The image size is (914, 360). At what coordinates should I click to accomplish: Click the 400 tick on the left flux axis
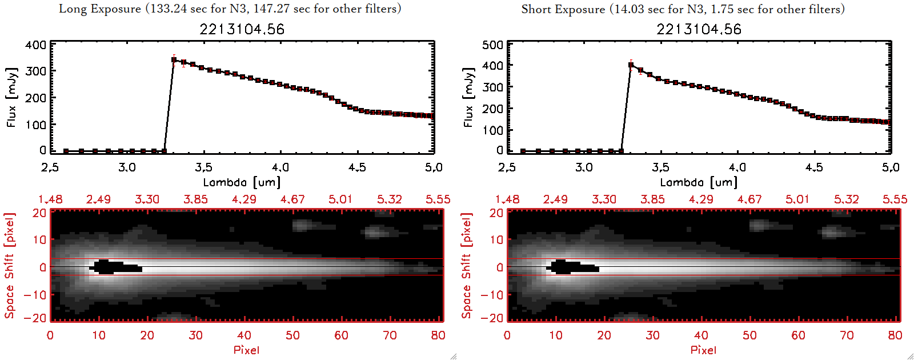point(36,45)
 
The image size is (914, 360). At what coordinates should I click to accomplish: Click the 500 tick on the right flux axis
point(493,45)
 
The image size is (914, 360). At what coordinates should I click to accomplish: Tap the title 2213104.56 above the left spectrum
point(242,29)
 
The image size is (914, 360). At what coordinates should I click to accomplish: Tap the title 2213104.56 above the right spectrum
point(699,29)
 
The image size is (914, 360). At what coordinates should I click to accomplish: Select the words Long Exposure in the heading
point(100,9)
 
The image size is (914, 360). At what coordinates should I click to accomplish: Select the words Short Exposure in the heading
point(563,9)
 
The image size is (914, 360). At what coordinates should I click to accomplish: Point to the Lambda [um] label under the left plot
point(242,182)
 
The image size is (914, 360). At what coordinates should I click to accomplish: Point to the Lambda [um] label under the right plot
point(699,182)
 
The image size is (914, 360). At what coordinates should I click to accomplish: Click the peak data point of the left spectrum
point(174,59)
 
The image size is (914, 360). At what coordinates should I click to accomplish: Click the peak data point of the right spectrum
point(631,65)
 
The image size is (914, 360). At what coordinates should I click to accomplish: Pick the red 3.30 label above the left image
point(147,199)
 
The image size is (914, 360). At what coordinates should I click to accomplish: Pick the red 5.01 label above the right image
point(797,199)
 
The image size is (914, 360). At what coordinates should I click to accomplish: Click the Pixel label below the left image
point(246,350)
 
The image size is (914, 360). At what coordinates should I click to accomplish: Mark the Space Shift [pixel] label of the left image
point(9,266)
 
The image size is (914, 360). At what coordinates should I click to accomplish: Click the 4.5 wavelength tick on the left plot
point(357,167)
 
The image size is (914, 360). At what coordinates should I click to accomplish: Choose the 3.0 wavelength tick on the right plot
point(584,167)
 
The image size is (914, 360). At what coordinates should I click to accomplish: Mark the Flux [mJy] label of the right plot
point(468,97)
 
